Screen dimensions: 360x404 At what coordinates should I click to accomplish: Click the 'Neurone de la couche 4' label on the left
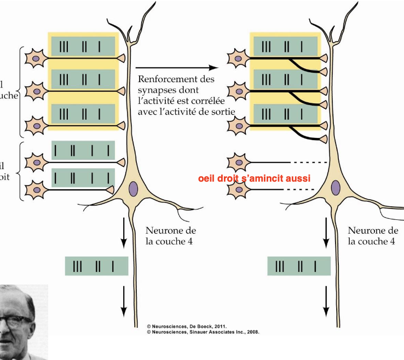(171, 236)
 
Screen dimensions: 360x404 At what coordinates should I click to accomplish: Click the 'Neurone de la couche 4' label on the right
(373, 236)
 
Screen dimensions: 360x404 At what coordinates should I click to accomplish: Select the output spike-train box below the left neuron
(96, 266)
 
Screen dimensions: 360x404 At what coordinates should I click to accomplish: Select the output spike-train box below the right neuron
(299, 266)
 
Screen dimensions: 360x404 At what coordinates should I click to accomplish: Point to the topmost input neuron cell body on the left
(36, 57)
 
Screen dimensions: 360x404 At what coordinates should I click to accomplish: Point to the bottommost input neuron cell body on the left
(37, 188)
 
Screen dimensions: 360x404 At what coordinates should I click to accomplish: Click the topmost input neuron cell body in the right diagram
(239, 57)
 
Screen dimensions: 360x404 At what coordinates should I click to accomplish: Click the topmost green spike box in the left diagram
(83, 45)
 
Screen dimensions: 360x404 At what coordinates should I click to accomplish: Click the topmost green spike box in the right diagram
(286, 45)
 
